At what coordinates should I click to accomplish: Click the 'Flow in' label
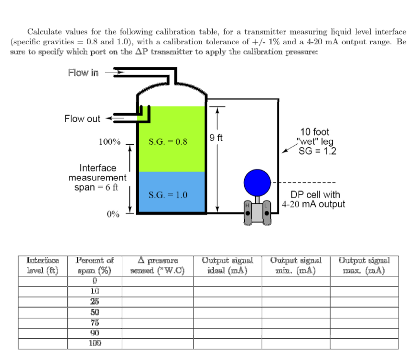[x=83, y=73]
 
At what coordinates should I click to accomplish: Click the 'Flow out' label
[x=82, y=118]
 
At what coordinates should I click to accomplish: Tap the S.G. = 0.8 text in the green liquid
[x=168, y=142]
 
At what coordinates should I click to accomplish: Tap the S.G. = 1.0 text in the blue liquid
[x=168, y=195]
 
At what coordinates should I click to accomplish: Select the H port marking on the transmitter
[x=248, y=205]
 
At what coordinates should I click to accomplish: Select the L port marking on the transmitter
[x=267, y=205]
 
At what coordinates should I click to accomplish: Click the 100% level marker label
[x=109, y=142]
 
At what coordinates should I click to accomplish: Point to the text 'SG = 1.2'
[x=317, y=152]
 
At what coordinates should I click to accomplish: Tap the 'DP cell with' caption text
[x=315, y=195]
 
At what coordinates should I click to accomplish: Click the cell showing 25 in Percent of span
[x=95, y=301]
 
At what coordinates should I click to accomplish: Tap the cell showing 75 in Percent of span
[x=95, y=322]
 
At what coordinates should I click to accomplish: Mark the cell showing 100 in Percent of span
[x=95, y=343]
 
